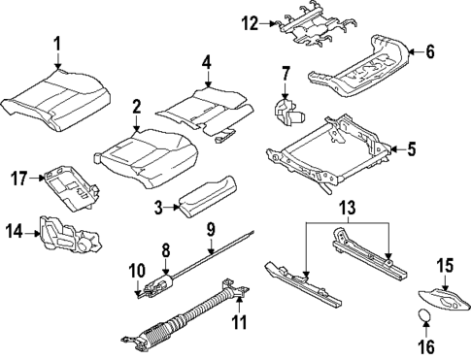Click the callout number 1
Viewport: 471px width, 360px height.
click(56, 43)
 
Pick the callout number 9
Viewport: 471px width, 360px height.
click(210, 229)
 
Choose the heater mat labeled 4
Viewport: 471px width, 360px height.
click(199, 107)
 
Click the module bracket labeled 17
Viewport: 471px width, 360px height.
click(71, 185)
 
